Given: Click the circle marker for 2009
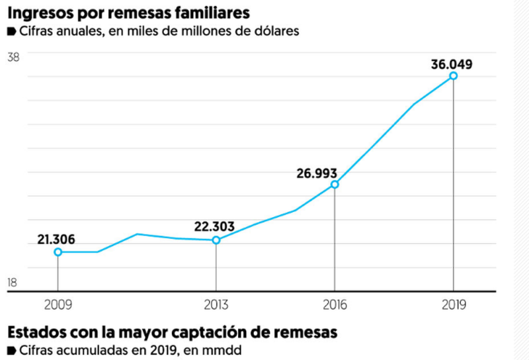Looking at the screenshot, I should coord(58,252).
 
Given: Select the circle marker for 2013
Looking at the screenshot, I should coord(216,240).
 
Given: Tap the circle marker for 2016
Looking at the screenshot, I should coord(335,185).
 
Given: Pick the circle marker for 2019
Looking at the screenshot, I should coord(453,76).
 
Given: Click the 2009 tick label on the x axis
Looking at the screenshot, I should coord(58,305).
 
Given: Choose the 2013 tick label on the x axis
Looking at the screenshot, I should coord(216,305).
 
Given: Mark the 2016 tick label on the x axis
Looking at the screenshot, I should coord(335,305).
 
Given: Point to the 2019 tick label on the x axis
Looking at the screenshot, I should coord(453,305).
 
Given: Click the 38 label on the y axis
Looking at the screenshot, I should coord(13,58).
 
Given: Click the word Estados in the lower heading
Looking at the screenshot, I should coord(36,332).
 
